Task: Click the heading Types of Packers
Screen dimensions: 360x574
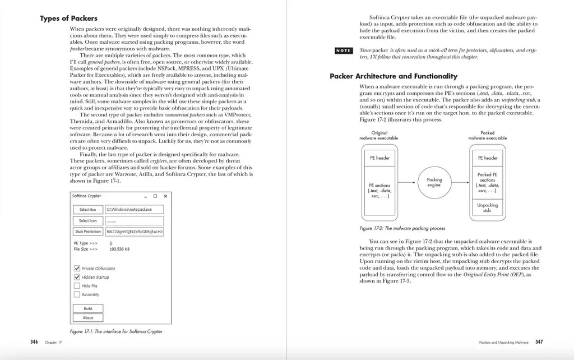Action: (66, 18)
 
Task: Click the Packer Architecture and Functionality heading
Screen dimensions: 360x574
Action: (393, 76)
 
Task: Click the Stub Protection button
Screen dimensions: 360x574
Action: (88, 232)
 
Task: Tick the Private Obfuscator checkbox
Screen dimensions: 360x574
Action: (77, 268)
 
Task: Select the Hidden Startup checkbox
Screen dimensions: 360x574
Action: (77, 277)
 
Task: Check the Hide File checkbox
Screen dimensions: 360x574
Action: (77, 285)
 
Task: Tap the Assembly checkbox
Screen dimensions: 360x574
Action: (77, 294)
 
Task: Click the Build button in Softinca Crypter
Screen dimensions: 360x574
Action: (88, 308)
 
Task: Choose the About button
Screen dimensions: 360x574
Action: (88, 318)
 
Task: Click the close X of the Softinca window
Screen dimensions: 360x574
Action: (165, 196)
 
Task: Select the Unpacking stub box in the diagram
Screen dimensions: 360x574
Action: (487, 208)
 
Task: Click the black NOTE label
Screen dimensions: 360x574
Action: (343, 51)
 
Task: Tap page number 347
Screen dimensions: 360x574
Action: (539, 341)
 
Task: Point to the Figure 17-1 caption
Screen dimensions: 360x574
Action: (116, 331)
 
